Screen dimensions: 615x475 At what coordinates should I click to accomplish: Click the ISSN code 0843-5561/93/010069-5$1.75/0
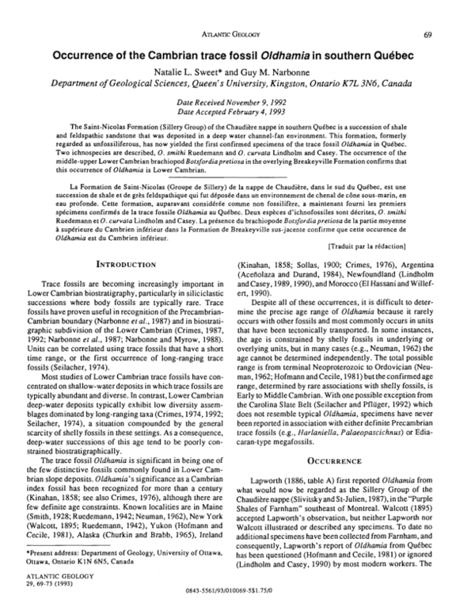point(237,602)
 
